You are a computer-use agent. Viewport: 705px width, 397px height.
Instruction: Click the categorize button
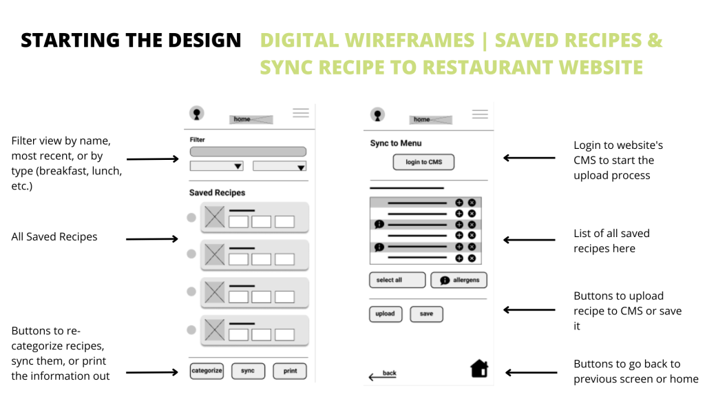(207, 371)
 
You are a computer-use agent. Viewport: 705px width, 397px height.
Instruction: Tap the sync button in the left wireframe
(248, 371)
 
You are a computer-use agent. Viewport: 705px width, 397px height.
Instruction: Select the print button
(290, 371)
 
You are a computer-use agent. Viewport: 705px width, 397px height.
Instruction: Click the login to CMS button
(423, 162)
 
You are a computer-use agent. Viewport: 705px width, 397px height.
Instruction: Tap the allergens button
(459, 280)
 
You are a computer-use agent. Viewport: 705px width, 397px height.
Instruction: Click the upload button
(385, 314)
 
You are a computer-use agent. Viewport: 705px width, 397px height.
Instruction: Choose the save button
(426, 314)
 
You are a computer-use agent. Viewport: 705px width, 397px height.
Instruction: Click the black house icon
(479, 369)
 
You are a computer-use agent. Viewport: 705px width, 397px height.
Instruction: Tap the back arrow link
(383, 375)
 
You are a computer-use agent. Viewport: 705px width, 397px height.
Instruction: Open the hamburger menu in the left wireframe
(301, 113)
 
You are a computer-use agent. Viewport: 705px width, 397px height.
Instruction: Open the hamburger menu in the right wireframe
(480, 114)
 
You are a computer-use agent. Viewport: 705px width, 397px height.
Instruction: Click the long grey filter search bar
(248, 152)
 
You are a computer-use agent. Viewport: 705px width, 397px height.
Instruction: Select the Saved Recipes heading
(217, 193)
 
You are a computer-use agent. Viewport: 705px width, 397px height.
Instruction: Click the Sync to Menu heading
(396, 143)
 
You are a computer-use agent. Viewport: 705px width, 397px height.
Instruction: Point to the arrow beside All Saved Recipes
(152, 239)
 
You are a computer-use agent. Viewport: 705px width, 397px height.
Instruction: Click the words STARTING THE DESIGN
(131, 41)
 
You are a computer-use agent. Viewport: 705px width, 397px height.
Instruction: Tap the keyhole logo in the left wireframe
(197, 114)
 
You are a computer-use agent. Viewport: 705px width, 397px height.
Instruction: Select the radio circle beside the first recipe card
(191, 218)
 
